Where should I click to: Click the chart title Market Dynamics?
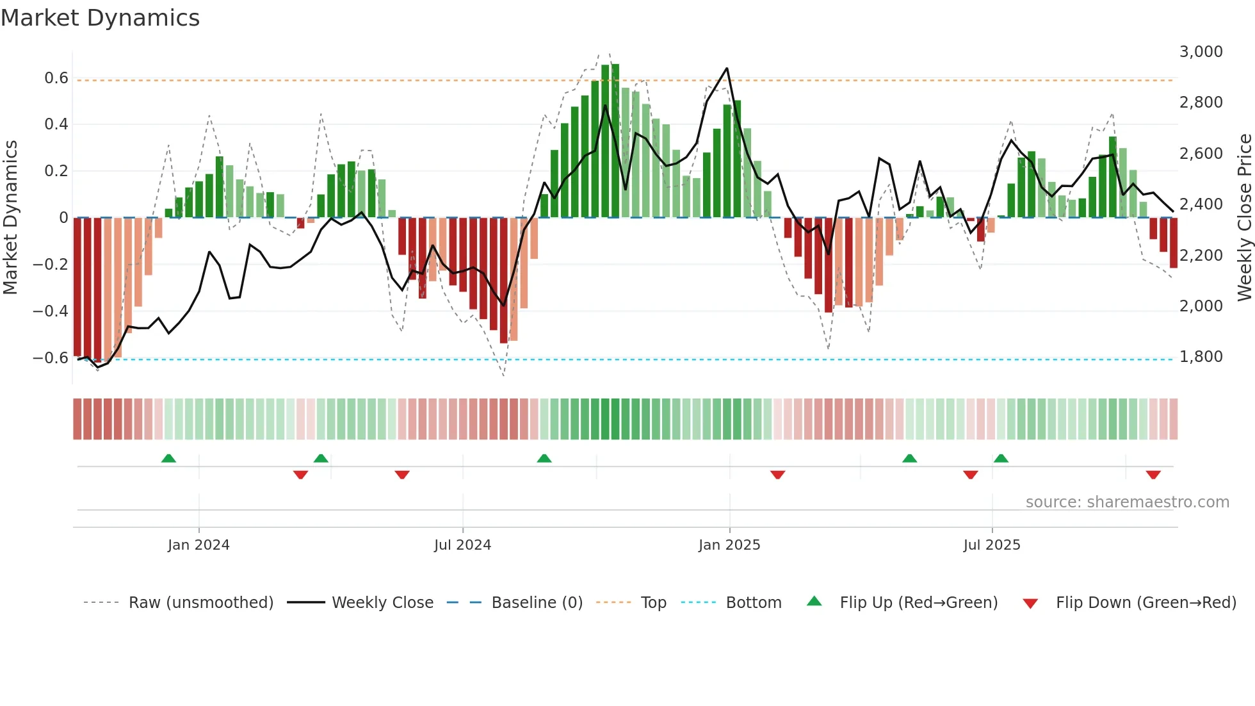pyautogui.click(x=100, y=18)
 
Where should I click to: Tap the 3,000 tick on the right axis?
pyautogui.click(x=1201, y=52)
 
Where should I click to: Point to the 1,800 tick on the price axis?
pyautogui.click(x=1201, y=357)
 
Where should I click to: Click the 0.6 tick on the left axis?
pyautogui.click(x=56, y=78)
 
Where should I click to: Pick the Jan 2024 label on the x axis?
pyautogui.click(x=198, y=545)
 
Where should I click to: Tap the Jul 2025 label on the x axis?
pyautogui.click(x=991, y=545)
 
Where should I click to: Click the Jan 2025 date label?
pyautogui.click(x=729, y=545)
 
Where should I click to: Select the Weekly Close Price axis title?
pyautogui.click(x=1244, y=217)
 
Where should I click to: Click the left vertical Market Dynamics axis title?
pyautogui.click(x=10, y=217)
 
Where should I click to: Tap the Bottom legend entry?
pyautogui.click(x=753, y=603)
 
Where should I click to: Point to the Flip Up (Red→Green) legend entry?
pyautogui.click(x=918, y=603)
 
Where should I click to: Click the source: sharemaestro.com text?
pyautogui.click(x=1127, y=502)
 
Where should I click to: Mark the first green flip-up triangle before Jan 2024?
pyautogui.click(x=168, y=458)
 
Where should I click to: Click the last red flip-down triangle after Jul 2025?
pyautogui.click(x=1153, y=475)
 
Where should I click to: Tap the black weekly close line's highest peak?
pyautogui.click(x=727, y=69)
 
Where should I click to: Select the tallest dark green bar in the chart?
pyautogui.click(x=615, y=141)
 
